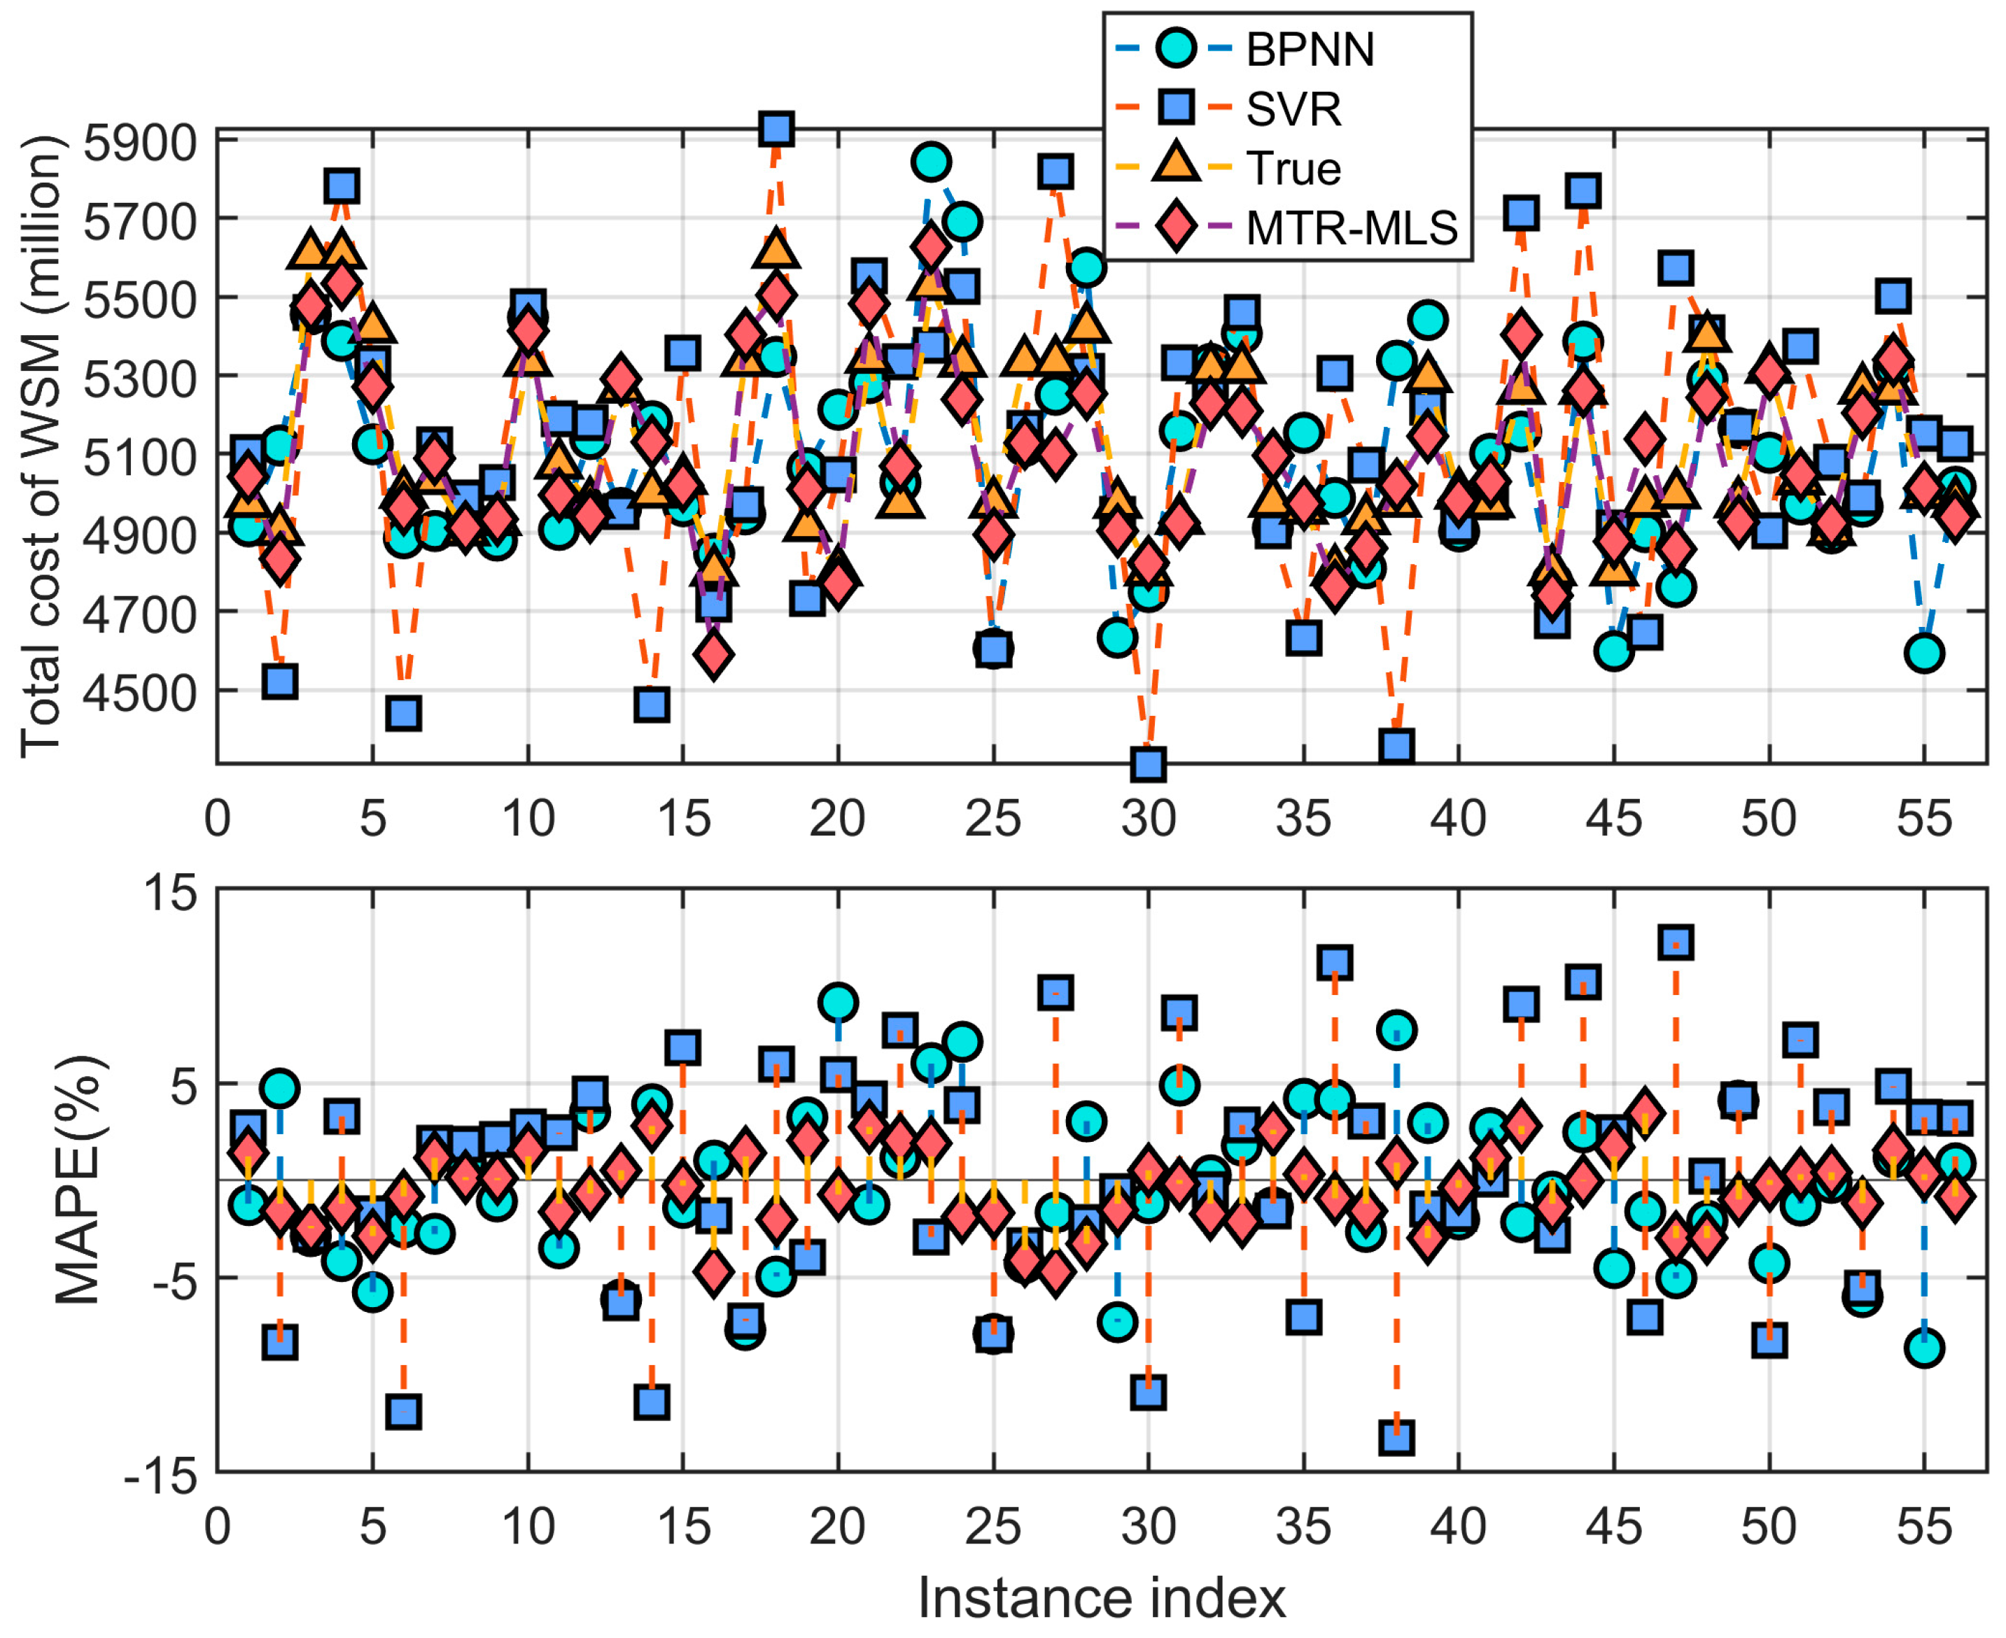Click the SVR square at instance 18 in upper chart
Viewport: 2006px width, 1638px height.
[x=776, y=129]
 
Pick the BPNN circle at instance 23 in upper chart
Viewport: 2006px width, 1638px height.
[x=931, y=162]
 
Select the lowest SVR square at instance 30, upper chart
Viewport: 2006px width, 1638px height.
[x=1148, y=763]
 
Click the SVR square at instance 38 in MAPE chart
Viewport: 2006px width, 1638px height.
[x=1396, y=1437]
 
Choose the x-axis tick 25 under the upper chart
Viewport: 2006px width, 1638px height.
[x=993, y=818]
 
